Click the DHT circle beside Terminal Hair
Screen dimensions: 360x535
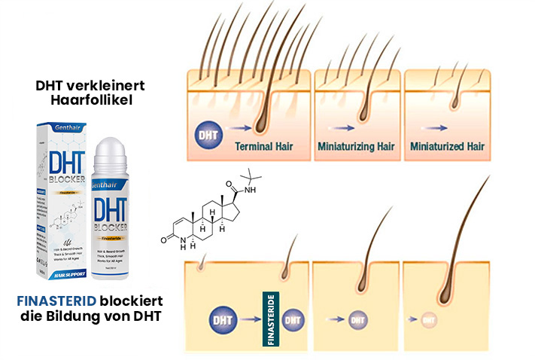coord(208,133)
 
